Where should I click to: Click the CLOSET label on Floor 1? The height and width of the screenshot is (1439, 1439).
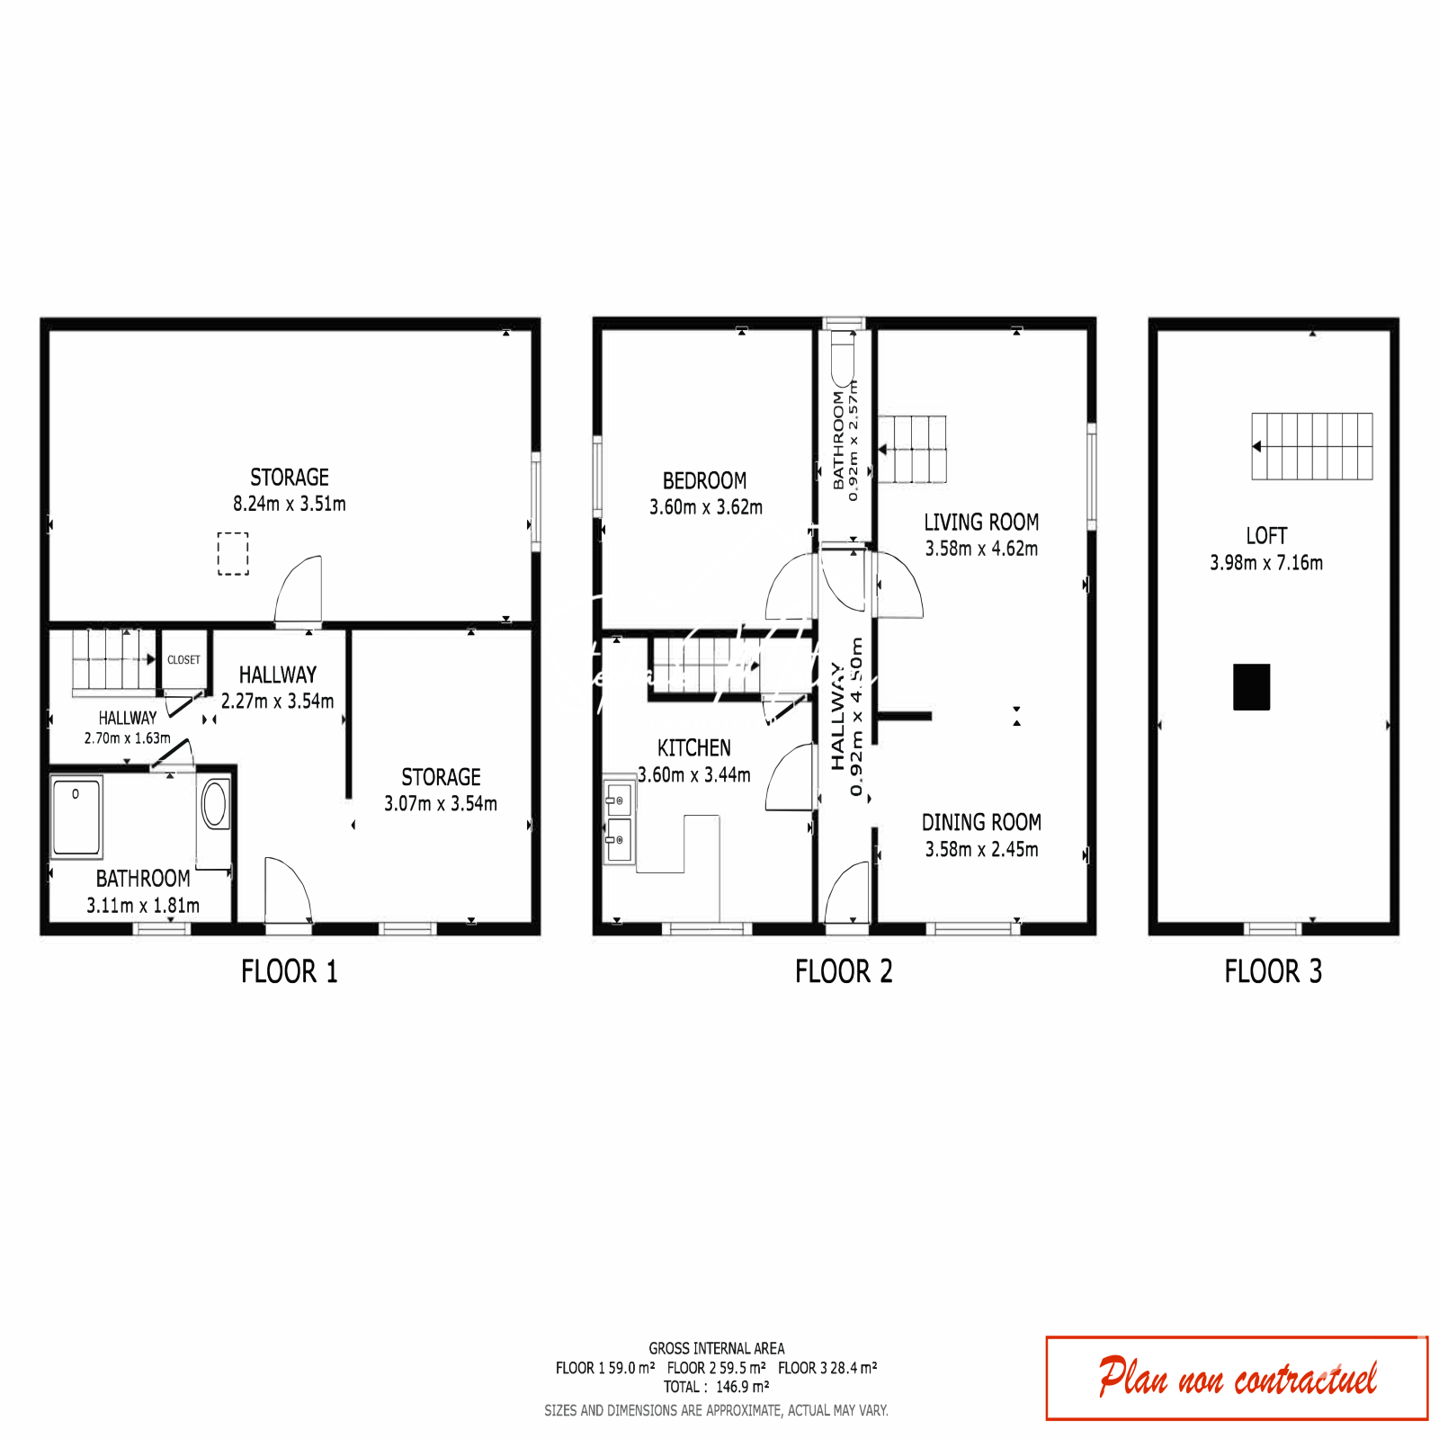(x=183, y=659)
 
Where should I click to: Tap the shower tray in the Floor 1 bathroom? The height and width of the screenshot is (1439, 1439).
(x=76, y=817)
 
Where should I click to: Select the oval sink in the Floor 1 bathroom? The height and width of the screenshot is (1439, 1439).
(x=215, y=803)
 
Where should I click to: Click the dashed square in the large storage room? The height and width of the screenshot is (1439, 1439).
(x=233, y=553)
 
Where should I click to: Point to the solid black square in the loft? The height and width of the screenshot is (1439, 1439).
(x=1251, y=687)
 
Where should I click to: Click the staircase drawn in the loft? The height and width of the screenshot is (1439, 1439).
(x=1312, y=446)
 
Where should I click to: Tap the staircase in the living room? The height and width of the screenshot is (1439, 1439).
(x=912, y=449)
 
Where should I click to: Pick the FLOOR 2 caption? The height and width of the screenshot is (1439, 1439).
(x=844, y=971)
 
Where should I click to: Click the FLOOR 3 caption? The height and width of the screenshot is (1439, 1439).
(x=1273, y=971)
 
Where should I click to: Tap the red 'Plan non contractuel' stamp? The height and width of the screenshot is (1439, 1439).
(x=1237, y=1378)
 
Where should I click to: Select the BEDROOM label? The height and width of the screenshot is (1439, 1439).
(x=704, y=480)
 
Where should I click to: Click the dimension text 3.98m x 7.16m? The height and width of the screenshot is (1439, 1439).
(x=1266, y=563)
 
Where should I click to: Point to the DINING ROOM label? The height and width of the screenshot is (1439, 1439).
(x=981, y=822)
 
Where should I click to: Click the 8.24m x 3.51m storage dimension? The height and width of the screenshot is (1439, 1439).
(x=290, y=504)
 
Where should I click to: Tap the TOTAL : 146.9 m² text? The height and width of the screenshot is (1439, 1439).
(x=717, y=1387)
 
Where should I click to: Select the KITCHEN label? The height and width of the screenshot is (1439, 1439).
(x=694, y=748)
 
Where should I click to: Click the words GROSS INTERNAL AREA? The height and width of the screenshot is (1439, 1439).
(x=717, y=1348)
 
